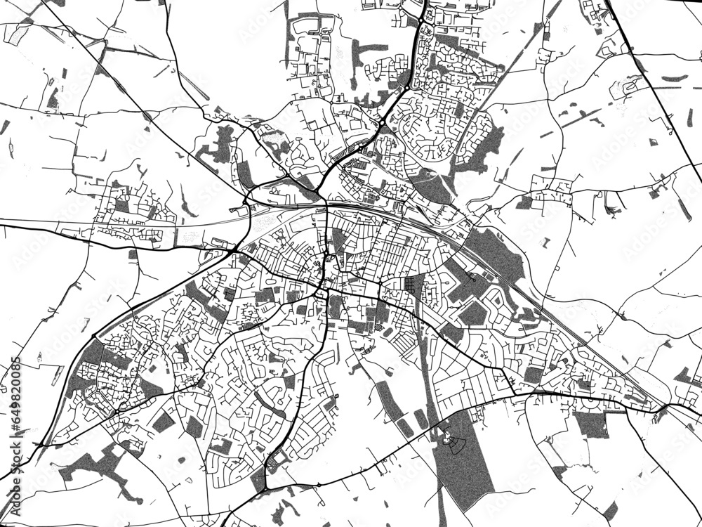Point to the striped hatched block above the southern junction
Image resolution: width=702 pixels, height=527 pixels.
pos(272,464)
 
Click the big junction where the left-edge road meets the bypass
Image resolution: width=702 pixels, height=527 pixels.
pos(235,249)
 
